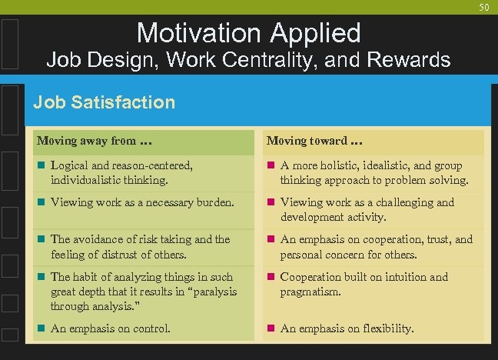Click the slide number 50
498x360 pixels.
click(x=483, y=7)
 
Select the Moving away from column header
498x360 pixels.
click(x=87, y=141)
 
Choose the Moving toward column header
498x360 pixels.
click(x=314, y=141)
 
